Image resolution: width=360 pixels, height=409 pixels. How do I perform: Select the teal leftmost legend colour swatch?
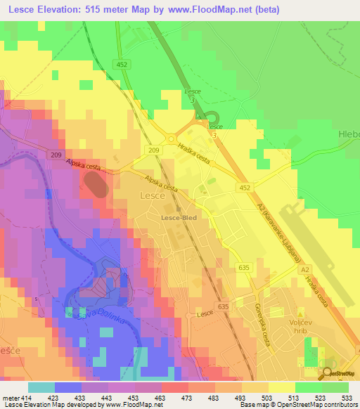pyautogui.click(x=41, y=387)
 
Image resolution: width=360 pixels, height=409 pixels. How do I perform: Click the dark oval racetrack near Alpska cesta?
pyautogui.click(x=96, y=186)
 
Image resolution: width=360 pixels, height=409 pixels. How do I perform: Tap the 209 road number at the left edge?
pyautogui.click(x=57, y=155)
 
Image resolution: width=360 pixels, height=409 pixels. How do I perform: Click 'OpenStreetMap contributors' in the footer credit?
pyautogui.click(x=317, y=404)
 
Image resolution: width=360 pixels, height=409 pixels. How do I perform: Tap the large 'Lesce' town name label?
pyautogui.click(x=153, y=196)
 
